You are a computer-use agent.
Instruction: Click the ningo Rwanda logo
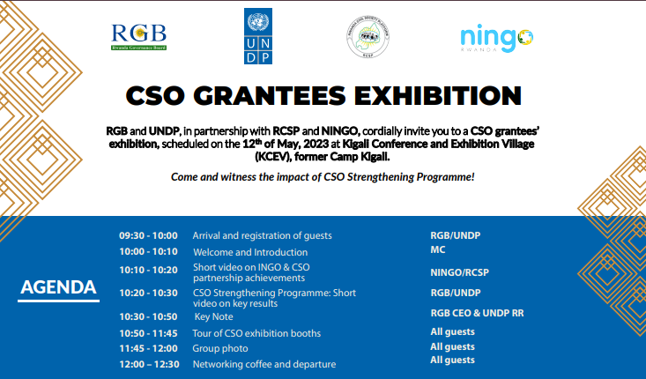click(496, 38)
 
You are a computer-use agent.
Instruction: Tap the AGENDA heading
click(58, 287)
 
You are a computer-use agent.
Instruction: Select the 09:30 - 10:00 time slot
click(149, 235)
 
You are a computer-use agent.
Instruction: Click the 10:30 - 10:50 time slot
click(149, 316)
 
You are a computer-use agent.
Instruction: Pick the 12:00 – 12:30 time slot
click(149, 364)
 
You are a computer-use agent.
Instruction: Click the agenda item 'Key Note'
click(213, 316)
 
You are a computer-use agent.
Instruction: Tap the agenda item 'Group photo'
click(220, 348)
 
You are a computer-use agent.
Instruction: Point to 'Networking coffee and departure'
click(264, 364)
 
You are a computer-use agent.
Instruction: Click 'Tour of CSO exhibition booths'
click(256, 332)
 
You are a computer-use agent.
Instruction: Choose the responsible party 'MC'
click(438, 250)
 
